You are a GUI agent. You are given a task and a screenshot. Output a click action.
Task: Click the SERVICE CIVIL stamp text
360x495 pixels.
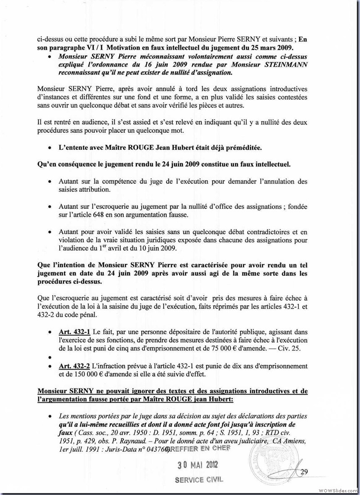pos(199,480)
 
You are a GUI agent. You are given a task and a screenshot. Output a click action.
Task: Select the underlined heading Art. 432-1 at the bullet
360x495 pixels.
pos(74,332)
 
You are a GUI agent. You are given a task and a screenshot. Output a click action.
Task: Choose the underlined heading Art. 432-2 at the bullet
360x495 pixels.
pos(74,366)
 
